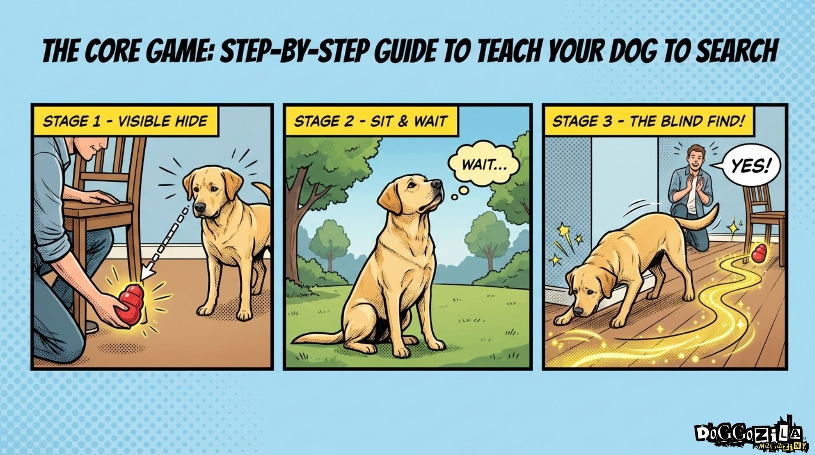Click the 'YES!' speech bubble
[749, 167]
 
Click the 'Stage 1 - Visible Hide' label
[125, 121]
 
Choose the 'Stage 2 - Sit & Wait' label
[370, 121]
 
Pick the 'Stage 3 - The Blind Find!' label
[648, 121]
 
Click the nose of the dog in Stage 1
[200, 208]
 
